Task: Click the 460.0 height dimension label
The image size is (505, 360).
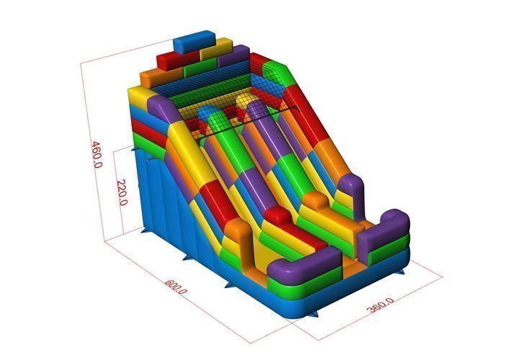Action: click(x=97, y=155)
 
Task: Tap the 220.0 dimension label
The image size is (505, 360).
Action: click(x=122, y=192)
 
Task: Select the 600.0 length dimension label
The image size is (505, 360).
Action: click(x=176, y=287)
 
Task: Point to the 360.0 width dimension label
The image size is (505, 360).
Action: click(x=380, y=305)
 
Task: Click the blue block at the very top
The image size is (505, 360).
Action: click(x=195, y=42)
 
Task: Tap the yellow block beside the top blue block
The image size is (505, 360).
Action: click(x=216, y=49)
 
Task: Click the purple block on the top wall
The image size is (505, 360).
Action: click(x=234, y=56)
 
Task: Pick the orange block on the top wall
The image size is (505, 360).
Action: click(x=161, y=77)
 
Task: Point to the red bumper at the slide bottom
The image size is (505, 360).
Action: click(x=277, y=215)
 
